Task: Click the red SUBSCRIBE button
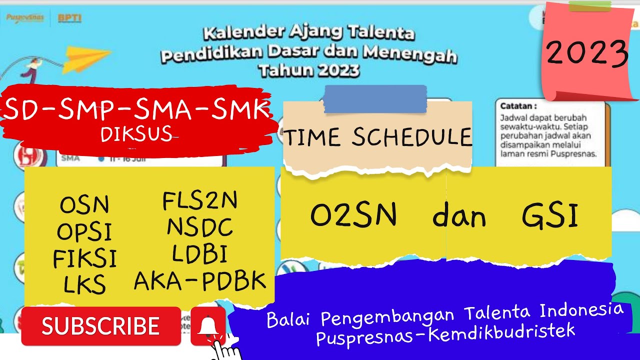[100, 326]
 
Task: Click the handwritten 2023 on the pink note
[586, 53]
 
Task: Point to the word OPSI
[84, 231]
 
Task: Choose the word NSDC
[200, 228]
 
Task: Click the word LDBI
[200, 254]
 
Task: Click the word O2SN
[353, 216]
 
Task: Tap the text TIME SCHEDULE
[377, 137]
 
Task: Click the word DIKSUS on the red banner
[136, 134]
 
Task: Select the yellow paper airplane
[86, 58]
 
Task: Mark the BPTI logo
[69, 19]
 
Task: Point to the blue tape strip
[375, 99]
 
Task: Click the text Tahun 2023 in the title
[309, 70]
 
